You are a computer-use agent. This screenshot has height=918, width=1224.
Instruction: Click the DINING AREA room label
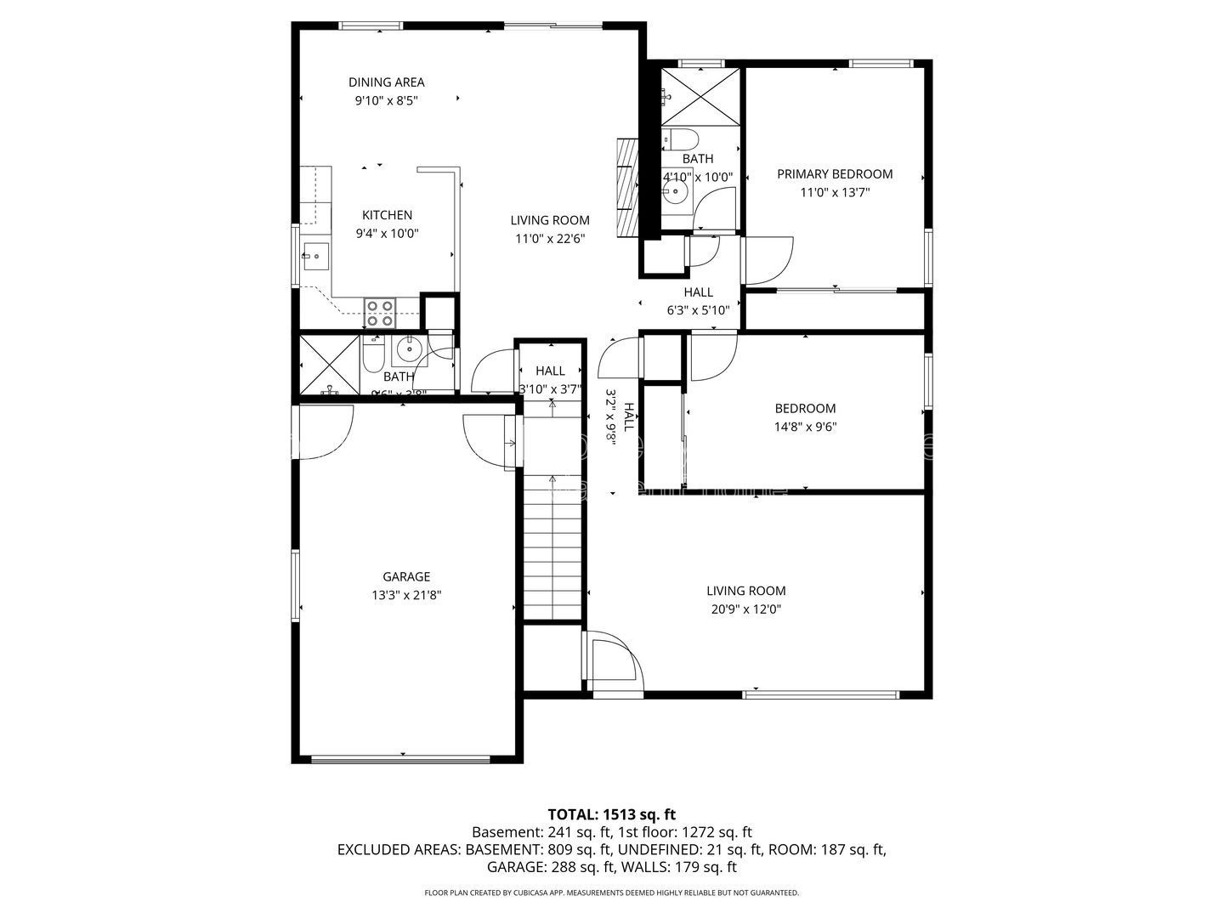click(386, 82)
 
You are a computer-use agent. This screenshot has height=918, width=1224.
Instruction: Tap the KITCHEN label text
click(387, 215)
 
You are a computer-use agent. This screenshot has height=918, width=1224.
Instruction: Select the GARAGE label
click(405, 576)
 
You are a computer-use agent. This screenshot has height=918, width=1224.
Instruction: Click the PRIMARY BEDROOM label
click(834, 173)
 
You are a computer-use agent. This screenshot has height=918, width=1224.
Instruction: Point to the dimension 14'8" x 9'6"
click(804, 427)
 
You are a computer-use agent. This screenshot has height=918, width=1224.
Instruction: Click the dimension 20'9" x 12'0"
click(745, 609)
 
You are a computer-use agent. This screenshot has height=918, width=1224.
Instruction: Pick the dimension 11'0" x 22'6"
click(549, 239)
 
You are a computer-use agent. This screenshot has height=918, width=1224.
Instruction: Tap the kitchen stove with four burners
click(379, 313)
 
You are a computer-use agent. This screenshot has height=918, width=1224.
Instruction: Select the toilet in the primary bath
click(680, 139)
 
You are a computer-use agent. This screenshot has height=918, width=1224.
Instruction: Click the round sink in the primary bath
click(677, 192)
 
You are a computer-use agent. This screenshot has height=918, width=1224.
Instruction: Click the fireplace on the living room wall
click(627, 186)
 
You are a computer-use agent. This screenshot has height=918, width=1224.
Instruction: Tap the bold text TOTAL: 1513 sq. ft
click(611, 814)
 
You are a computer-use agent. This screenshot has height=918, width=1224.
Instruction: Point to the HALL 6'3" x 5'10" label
click(698, 301)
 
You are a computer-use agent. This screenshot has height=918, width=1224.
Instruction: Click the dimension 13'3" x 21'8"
click(405, 595)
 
